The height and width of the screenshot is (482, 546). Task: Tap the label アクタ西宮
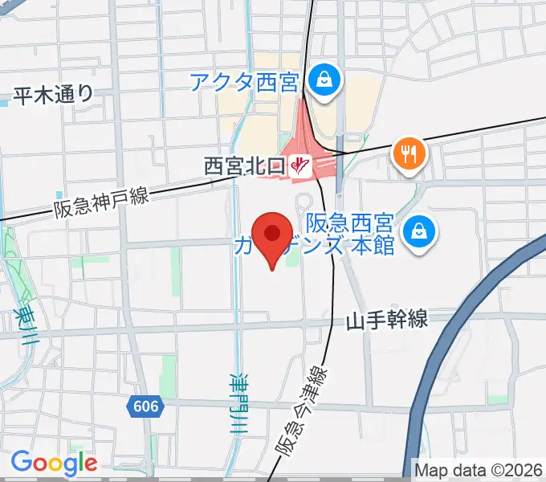pyautogui.click(x=244, y=81)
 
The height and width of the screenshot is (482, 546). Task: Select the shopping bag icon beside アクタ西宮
pyautogui.click(x=324, y=81)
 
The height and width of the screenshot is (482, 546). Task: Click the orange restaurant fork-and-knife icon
pyautogui.click(x=409, y=153)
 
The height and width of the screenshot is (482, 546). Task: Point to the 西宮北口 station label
pyautogui.click(x=245, y=166)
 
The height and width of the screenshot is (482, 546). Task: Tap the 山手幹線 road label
pyautogui.click(x=388, y=321)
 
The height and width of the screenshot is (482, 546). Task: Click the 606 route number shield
pyautogui.click(x=145, y=406)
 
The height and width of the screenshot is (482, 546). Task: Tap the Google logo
pyautogui.click(x=54, y=464)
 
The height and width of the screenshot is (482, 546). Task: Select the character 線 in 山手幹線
pyautogui.click(x=418, y=321)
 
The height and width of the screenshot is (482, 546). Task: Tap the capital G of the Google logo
pyautogui.click(x=21, y=463)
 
